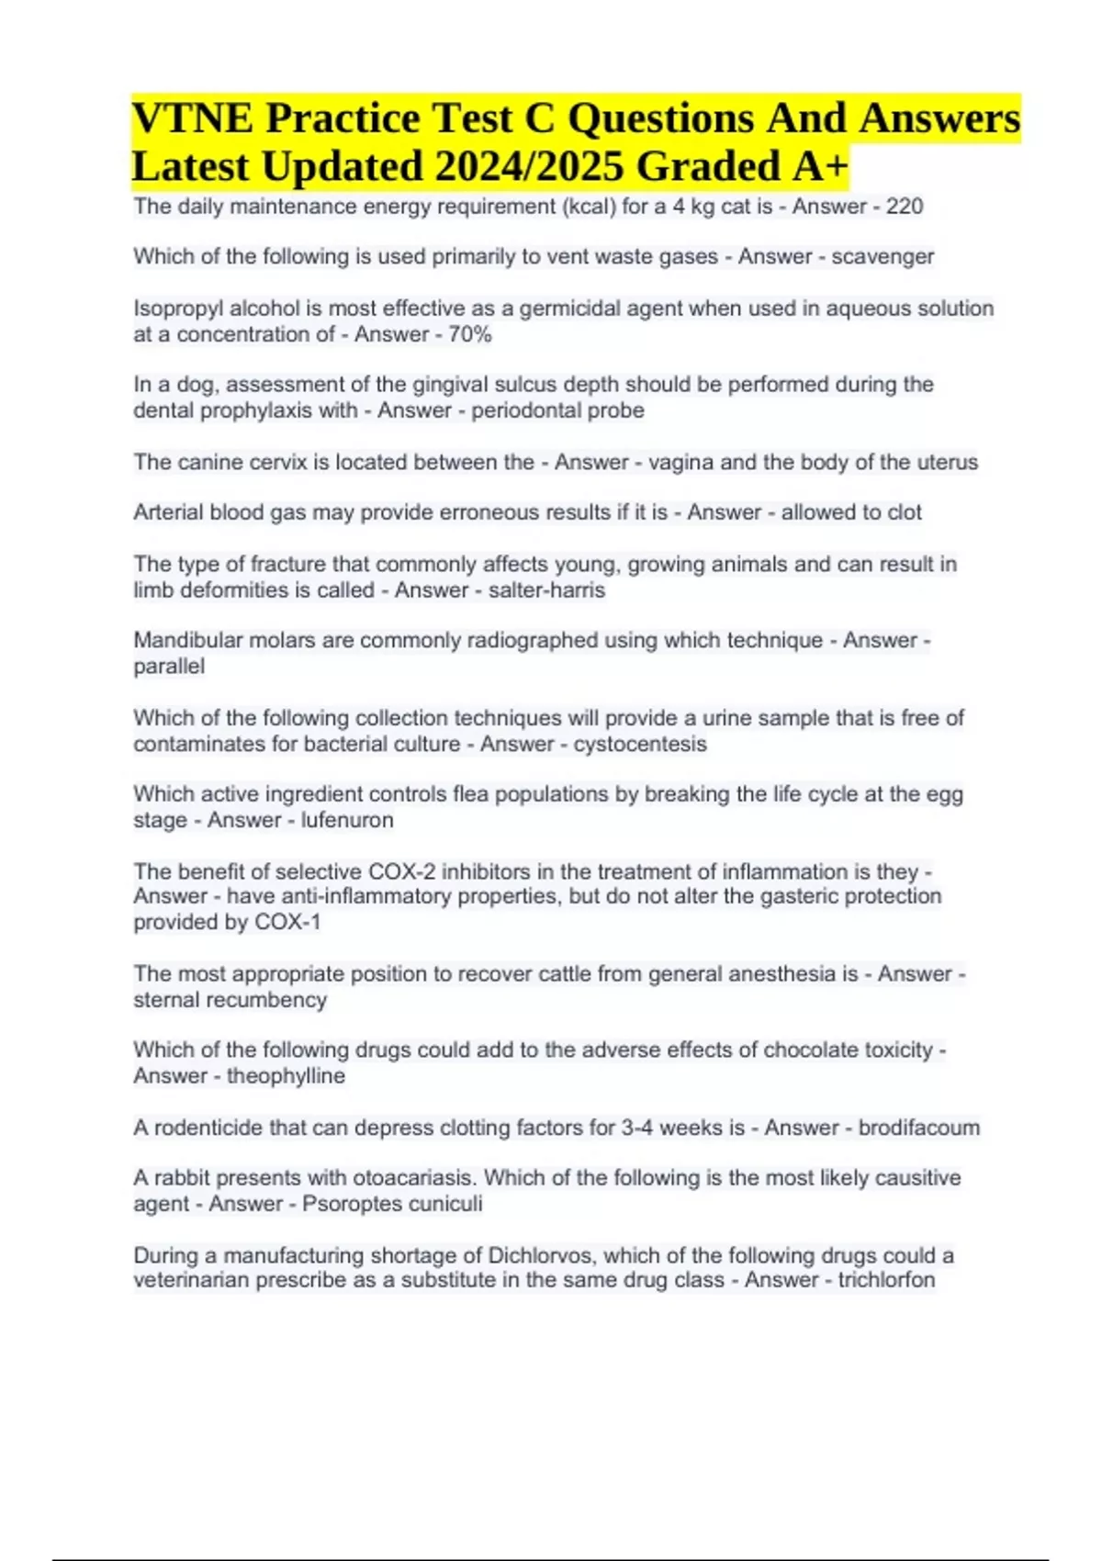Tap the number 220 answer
[905, 207]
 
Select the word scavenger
[883, 257]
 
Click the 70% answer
[470, 334]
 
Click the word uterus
[945, 462]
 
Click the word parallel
[169, 667]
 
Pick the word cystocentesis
[640, 744]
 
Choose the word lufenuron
[347, 820]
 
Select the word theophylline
[286, 1076]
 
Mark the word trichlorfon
[886, 1280]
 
